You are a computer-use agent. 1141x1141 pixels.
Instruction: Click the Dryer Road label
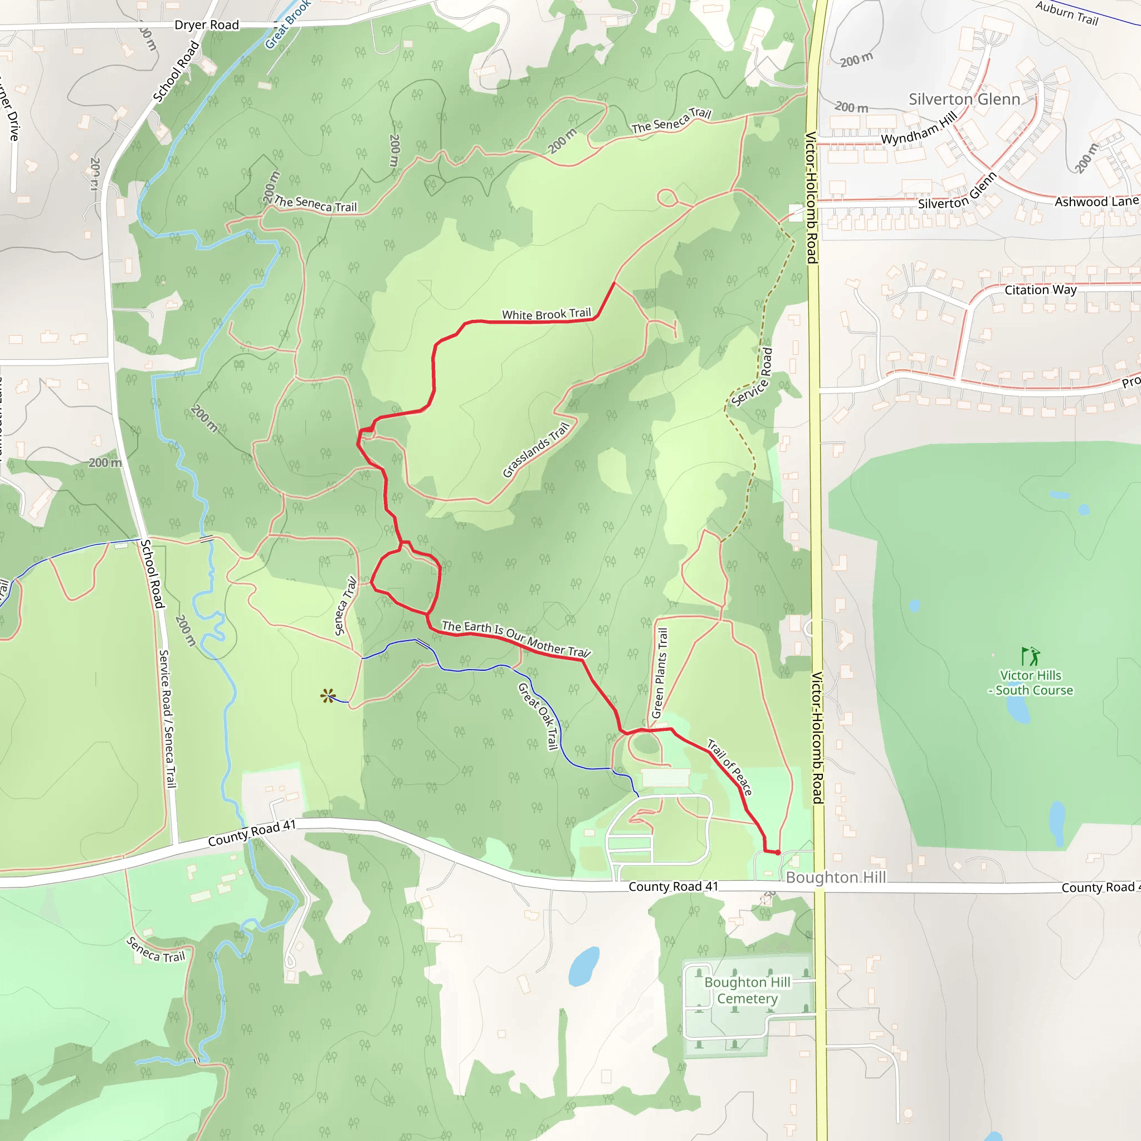coord(207,25)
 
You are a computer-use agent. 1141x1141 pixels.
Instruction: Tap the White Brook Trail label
coord(547,314)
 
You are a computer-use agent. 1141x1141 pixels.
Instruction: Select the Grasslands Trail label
coord(537,450)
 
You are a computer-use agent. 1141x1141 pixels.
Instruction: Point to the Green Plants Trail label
coord(660,673)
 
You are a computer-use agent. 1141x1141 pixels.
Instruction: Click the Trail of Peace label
coord(730,767)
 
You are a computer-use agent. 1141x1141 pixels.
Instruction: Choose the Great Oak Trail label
coord(538,716)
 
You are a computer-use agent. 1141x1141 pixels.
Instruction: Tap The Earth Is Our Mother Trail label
coord(515,638)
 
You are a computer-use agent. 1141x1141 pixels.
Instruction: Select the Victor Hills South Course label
coord(1031,682)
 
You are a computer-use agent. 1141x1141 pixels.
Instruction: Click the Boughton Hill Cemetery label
coord(747,991)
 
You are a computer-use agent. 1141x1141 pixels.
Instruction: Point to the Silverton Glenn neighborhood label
coord(964,99)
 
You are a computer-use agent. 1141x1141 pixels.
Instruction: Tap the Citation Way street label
coord(1041,290)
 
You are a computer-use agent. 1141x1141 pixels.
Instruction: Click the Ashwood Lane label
coord(1096,201)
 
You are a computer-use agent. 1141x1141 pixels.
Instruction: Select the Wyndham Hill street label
coord(919,128)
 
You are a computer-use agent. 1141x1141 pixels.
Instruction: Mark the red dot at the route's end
coord(778,853)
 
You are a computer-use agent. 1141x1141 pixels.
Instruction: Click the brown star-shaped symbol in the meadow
coord(328,696)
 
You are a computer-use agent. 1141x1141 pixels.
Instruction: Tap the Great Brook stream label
coord(287,24)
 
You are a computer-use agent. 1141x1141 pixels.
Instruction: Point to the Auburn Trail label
coord(1067,13)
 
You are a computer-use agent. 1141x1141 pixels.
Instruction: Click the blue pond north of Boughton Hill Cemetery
coord(583,967)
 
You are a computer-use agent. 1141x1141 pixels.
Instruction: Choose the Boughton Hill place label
coord(836,877)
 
